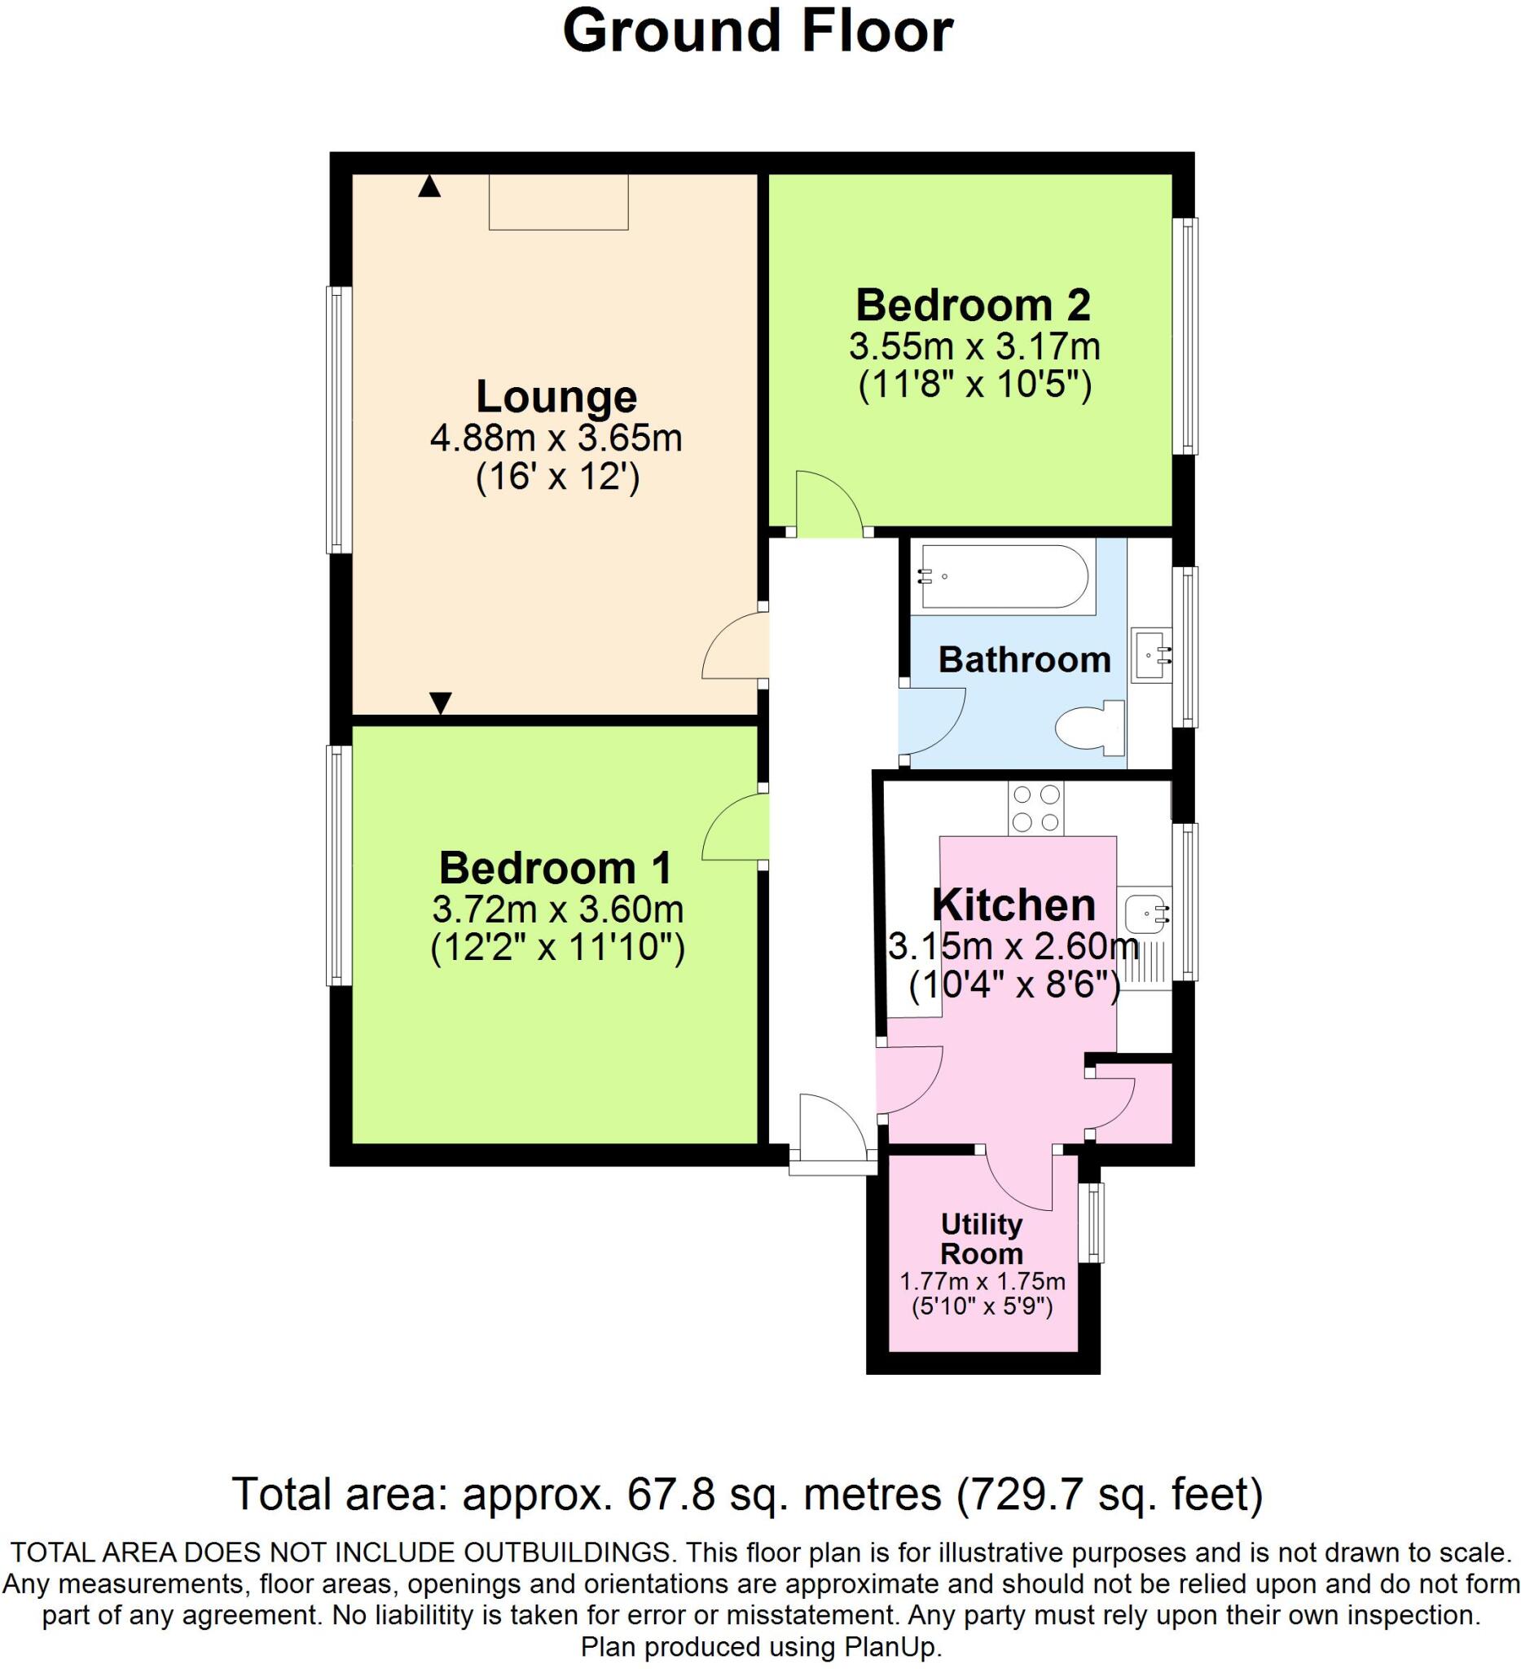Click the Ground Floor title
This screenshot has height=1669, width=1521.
pos(757,33)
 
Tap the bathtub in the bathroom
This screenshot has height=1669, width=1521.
pos(1004,576)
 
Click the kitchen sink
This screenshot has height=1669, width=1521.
pos(1145,914)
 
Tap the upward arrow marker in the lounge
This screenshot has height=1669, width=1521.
pos(429,187)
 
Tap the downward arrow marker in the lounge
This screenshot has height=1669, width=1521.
pos(440,702)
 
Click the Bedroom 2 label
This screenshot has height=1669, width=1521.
pos(974,306)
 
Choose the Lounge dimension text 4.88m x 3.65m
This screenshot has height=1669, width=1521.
pos(556,438)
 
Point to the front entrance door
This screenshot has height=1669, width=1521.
pos(832,1131)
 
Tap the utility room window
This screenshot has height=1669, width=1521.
pos(1096,1222)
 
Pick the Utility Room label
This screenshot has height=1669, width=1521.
pos(982,1239)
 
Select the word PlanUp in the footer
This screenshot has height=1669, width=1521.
pos(896,1647)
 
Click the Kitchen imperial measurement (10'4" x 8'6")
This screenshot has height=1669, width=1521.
pos(1013,986)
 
